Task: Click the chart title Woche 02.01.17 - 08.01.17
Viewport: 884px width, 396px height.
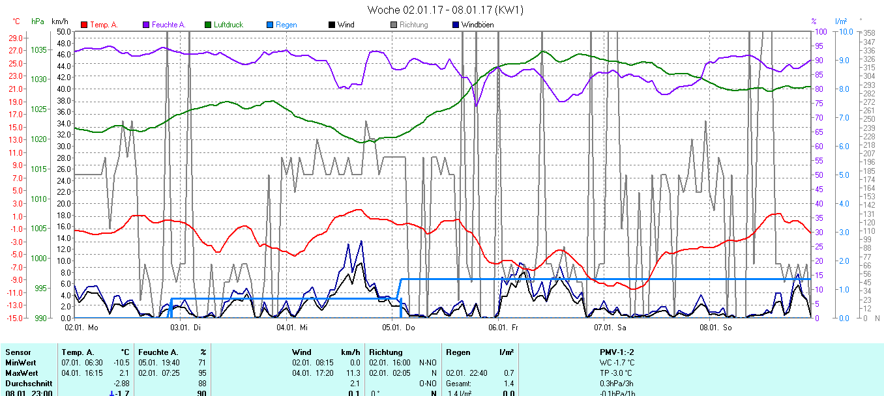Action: click(x=445, y=10)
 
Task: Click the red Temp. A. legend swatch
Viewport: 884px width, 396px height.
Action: click(x=84, y=25)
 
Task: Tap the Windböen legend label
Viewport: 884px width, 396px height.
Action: click(x=477, y=25)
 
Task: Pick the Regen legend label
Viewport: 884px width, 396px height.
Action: click(x=286, y=25)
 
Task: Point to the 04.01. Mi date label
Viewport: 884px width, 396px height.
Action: click(x=292, y=327)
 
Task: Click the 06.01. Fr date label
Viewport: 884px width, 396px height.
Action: click(x=503, y=327)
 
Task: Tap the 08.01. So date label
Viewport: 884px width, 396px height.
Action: click(x=715, y=327)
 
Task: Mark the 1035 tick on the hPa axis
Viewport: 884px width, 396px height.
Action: click(x=38, y=49)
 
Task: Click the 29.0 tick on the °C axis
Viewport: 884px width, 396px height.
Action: click(x=15, y=38)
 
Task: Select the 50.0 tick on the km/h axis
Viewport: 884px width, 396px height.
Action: click(x=63, y=31)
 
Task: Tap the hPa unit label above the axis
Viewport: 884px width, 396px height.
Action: click(x=38, y=21)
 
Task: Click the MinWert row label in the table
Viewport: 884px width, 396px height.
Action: click(x=20, y=362)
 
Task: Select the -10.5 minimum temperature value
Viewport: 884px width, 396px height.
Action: click(x=121, y=362)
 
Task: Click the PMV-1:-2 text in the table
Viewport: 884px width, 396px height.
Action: click(x=617, y=352)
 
